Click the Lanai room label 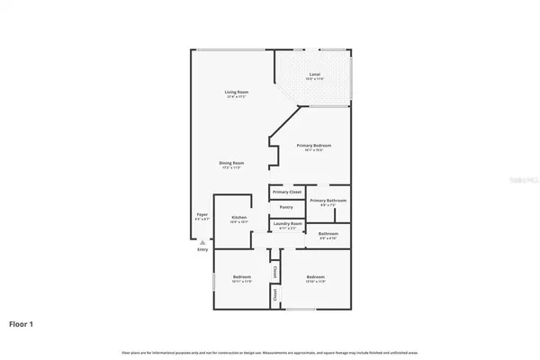(315, 75)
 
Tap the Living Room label (237, 93)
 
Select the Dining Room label (232, 163)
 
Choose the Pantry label (285, 207)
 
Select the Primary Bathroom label (327, 201)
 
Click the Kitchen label (238, 217)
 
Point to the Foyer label (202, 215)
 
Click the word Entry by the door (202, 249)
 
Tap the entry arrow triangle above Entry (202, 242)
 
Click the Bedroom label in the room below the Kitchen (241, 276)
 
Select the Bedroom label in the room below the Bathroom (315, 276)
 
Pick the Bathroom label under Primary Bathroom (328, 234)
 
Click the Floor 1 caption (22, 322)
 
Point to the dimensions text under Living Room (237, 97)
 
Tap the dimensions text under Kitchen (238, 221)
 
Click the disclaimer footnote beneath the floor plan (269, 349)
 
